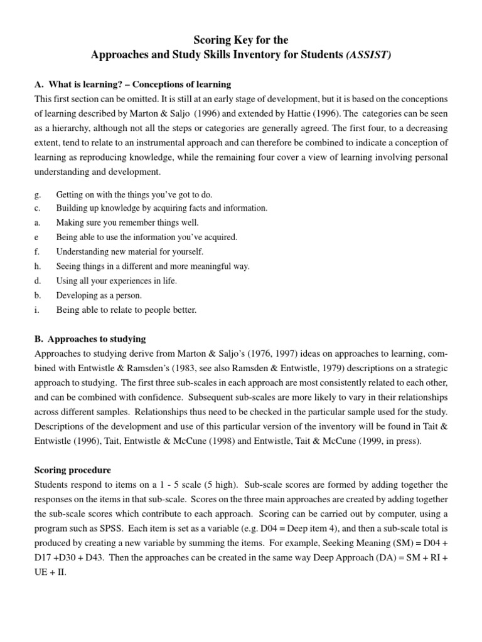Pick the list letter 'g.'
38,195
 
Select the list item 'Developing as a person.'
99,295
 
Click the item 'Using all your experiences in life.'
116,281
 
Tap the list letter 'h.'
38,266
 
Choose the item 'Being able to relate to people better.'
126,310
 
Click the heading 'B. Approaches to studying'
90,339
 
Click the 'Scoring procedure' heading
73,470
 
